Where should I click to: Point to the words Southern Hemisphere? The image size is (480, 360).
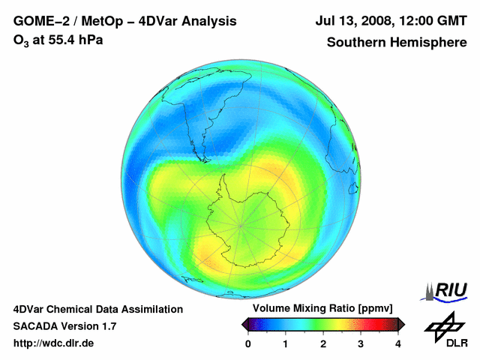coord(396,42)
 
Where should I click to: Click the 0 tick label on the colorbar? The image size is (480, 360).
coord(248,343)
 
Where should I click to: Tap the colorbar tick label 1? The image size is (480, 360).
coord(286,343)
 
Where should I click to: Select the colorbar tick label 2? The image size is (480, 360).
coord(323,343)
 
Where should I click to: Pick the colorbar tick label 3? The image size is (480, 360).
coord(361,343)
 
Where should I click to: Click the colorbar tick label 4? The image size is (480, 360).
coord(398,343)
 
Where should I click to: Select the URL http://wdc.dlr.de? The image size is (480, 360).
coord(55,343)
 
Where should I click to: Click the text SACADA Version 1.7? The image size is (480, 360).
coord(64,326)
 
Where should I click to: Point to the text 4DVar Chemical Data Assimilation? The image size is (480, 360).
coord(98,309)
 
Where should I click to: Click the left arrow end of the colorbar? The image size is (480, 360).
coord(244,324)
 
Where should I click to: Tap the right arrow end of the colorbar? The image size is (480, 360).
coord(402,324)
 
